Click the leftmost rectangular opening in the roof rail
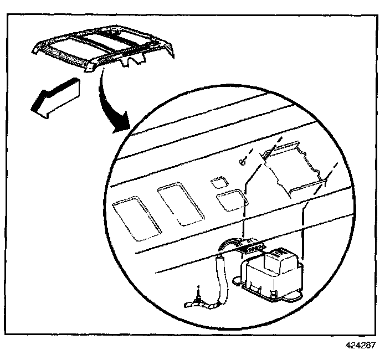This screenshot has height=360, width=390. point(136,219)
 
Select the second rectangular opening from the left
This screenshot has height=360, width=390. point(181,204)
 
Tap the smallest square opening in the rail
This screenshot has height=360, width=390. point(219,182)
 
